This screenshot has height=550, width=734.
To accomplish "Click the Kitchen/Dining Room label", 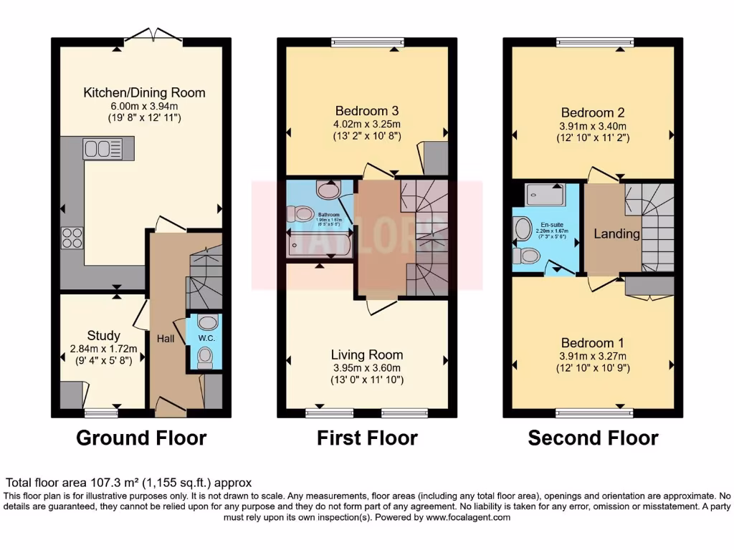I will [144, 92].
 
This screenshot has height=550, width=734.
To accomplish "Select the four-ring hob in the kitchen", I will [72, 237].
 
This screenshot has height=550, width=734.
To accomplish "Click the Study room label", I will [103, 335].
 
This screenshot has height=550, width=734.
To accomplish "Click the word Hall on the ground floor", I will [166, 335].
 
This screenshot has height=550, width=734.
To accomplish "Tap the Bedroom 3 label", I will [367, 111].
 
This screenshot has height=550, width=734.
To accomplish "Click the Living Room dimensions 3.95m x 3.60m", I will [366, 368].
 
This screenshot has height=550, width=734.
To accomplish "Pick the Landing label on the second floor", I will [617, 234].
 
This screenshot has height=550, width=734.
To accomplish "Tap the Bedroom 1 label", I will [587, 342].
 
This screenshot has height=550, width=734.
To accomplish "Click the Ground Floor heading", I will [141, 438].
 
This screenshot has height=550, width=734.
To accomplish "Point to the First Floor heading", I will [367, 438].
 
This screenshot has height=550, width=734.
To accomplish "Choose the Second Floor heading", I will [593, 438].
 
